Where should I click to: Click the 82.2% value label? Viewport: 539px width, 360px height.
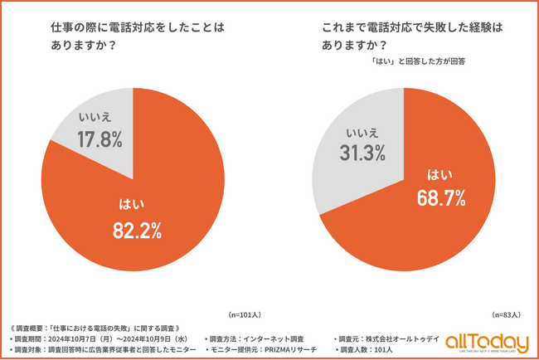[138, 231]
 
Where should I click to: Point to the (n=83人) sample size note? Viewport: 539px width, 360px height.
[506, 314]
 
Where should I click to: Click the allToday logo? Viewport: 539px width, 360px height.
[487, 342]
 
